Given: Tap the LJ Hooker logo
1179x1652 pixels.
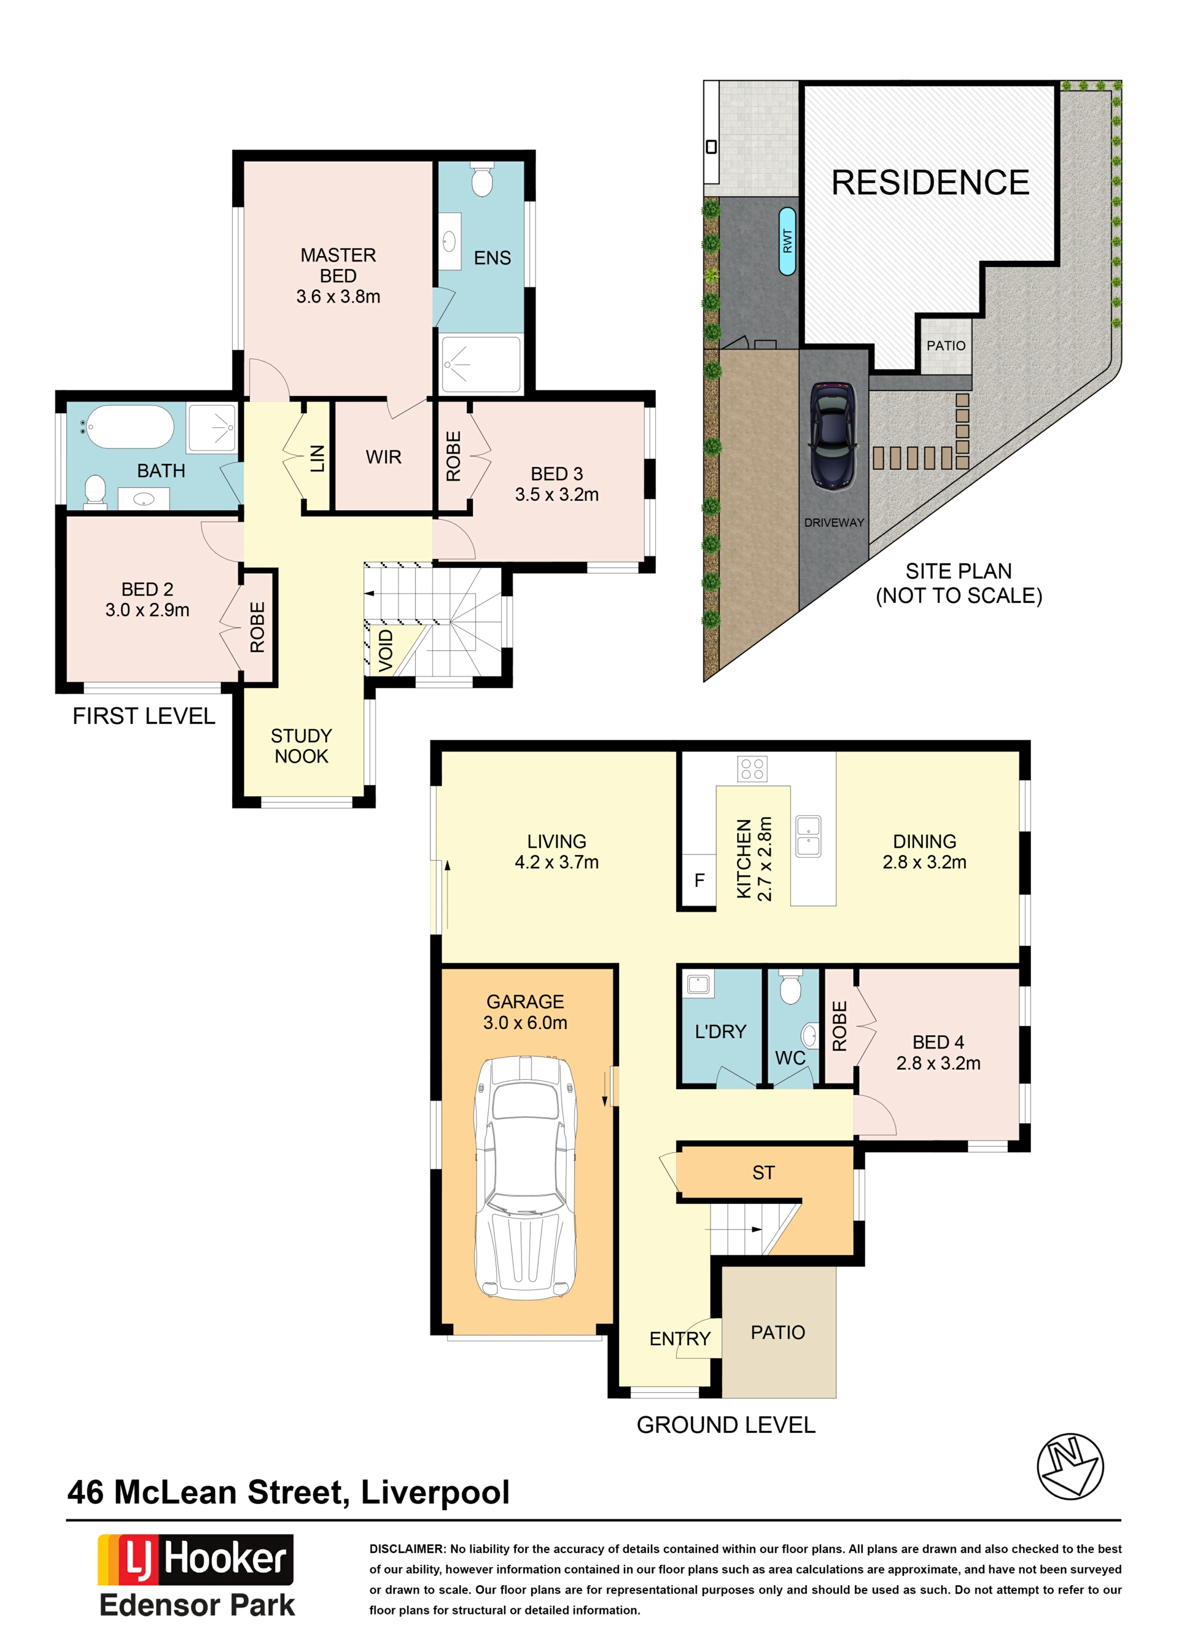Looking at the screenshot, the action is point(195,1559).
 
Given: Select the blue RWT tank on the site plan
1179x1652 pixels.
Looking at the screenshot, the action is point(787,241).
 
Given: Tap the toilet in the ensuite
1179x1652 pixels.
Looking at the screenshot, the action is point(482,179).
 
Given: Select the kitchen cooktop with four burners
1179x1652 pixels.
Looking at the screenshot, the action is point(752,769).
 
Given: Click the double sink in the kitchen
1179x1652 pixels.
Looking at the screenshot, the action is point(808,836).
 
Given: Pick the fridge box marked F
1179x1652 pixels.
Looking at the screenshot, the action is point(699,880).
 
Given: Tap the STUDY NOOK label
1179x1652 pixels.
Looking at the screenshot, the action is point(302,745).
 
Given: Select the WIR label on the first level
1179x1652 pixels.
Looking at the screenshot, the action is point(383,457).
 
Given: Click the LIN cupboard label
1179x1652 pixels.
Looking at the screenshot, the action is point(317,459).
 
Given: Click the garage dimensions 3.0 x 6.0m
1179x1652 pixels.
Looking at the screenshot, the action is point(525,1022).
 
